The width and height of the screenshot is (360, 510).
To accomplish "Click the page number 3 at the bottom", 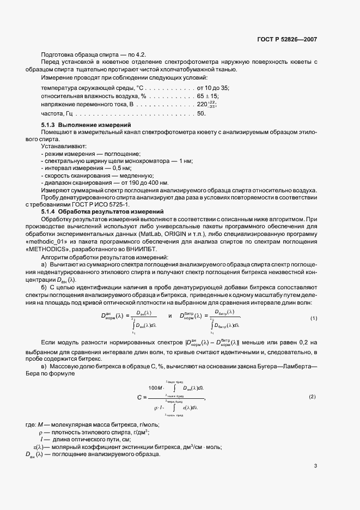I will (316, 465).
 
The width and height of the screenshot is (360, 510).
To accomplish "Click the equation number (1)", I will (314, 318).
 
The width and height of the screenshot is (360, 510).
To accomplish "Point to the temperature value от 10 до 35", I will (213, 88).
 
